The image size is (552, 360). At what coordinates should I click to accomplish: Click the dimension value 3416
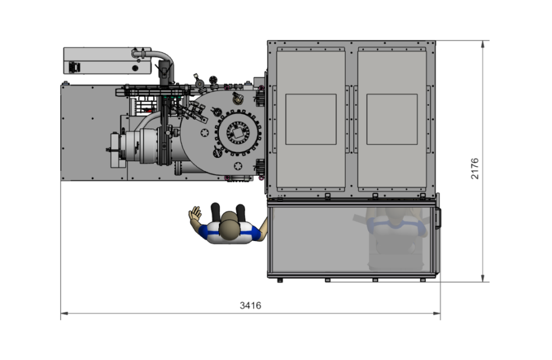click(250, 306)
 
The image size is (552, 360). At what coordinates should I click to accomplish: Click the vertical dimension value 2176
click(475, 169)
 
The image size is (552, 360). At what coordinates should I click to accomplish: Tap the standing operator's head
click(229, 226)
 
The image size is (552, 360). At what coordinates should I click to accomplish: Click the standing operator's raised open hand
click(195, 214)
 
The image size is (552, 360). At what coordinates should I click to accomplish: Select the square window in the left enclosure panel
click(311, 119)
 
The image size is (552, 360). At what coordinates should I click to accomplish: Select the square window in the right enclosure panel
click(392, 119)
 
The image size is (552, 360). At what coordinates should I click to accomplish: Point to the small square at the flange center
click(238, 133)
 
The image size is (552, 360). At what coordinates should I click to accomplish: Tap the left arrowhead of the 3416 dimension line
click(64, 313)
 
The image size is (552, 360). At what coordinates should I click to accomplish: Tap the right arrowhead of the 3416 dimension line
click(437, 313)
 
